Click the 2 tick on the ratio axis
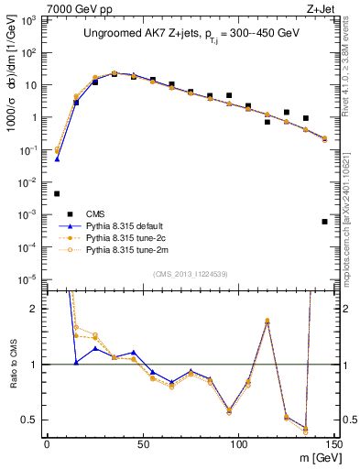tap(38, 309)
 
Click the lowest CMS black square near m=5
tap(57, 193)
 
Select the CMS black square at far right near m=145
tap(325, 222)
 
